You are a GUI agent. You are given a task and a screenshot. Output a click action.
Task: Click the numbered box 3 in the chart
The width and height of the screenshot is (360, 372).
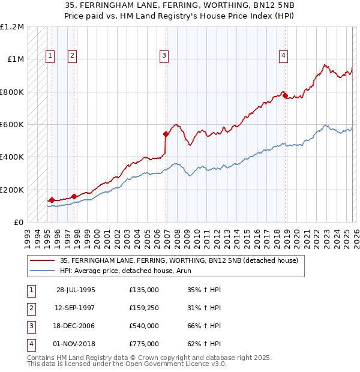pyautogui.click(x=164, y=56)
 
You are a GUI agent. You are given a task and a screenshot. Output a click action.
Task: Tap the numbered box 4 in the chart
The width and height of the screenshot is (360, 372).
pyautogui.click(x=283, y=56)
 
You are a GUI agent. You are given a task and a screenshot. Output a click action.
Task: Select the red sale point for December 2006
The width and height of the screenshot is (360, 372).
pyautogui.click(x=166, y=134)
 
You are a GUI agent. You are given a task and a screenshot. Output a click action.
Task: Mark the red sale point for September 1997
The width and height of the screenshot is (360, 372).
pyautogui.click(x=74, y=196)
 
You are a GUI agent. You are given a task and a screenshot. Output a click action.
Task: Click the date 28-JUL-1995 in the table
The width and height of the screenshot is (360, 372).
pyautogui.click(x=76, y=290)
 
